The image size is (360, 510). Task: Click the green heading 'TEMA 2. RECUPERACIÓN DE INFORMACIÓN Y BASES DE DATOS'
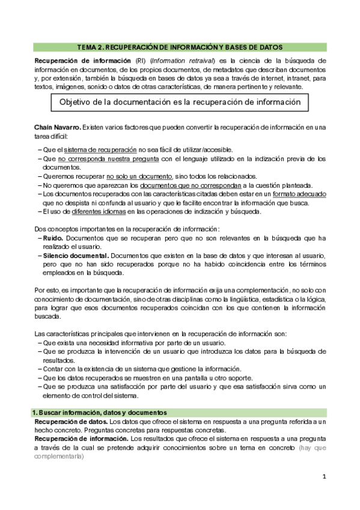[x=180, y=47]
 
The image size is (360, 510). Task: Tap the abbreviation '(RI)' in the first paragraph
[x=141, y=61]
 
